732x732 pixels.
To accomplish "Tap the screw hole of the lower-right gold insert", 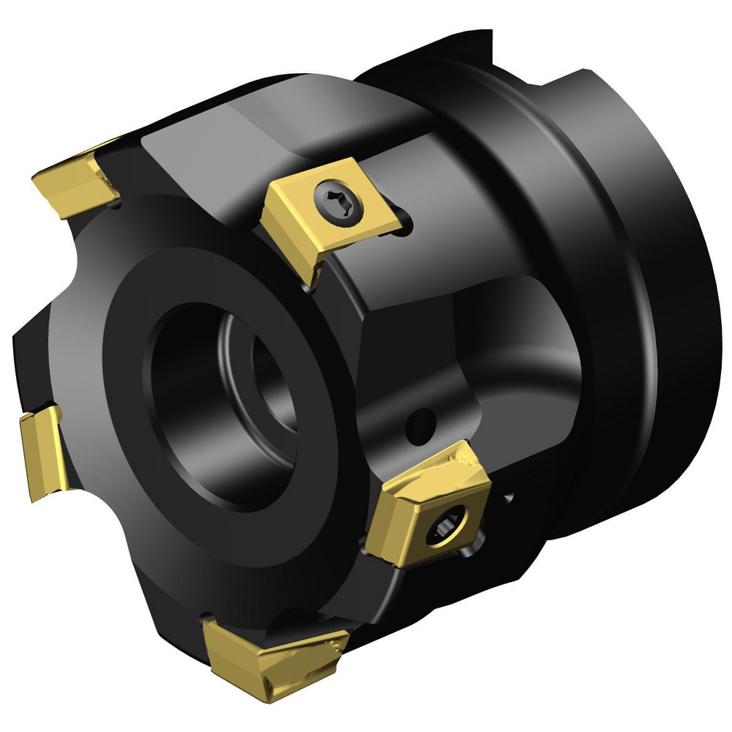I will point(444,524).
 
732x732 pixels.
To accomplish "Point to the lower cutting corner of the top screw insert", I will point(312,282).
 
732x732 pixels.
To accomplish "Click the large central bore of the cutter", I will point(220,410).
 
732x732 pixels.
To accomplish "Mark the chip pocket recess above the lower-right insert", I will point(498,344).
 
